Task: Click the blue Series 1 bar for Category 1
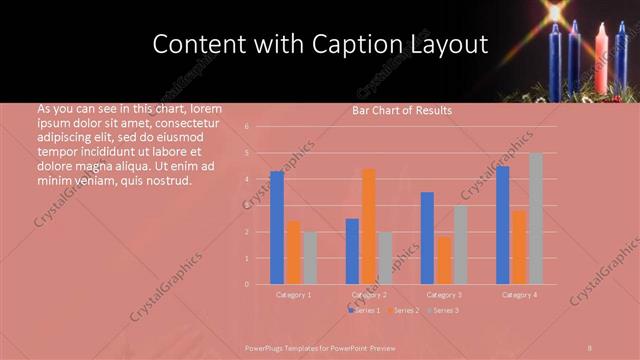(277, 228)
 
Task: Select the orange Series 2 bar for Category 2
(369, 226)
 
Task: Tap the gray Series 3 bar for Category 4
(536, 218)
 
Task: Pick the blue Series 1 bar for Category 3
(428, 238)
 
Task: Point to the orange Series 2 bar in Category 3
(444, 260)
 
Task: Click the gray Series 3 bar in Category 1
(309, 258)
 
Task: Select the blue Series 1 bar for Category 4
(503, 225)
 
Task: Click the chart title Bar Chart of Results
(402, 110)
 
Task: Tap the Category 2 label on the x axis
(369, 295)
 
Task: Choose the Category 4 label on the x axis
(519, 295)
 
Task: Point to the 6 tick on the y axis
(260, 127)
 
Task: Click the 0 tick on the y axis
(260, 284)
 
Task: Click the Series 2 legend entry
(402, 311)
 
